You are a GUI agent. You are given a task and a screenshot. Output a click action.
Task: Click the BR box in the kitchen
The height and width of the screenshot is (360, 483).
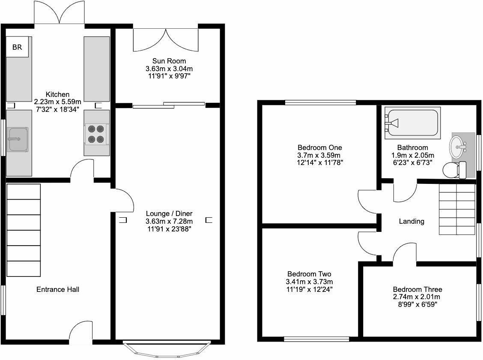(17, 47)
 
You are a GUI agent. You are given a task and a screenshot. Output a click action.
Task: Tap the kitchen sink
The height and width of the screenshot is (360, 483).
(18, 139)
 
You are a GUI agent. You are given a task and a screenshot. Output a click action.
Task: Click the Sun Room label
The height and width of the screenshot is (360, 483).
(169, 61)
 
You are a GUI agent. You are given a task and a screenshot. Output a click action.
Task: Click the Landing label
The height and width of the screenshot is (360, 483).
(411, 222)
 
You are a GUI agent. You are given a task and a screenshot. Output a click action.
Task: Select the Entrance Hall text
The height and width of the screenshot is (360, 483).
(57, 290)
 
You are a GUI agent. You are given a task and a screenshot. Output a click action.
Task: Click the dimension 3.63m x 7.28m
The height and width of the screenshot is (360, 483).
(169, 221)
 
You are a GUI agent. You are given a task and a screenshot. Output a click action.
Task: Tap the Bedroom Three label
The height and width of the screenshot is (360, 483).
(417, 290)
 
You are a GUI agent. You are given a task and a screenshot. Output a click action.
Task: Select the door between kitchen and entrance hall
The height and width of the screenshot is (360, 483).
(82, 171)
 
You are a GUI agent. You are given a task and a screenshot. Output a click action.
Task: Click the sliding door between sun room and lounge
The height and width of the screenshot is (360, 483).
(169, 105)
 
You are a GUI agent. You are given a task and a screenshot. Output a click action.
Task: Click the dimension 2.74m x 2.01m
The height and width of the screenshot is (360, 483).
(417, 297)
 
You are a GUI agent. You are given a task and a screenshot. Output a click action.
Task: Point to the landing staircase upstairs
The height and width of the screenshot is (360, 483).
(457, 209)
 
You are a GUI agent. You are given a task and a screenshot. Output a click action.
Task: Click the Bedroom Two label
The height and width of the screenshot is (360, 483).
(309, 274)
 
